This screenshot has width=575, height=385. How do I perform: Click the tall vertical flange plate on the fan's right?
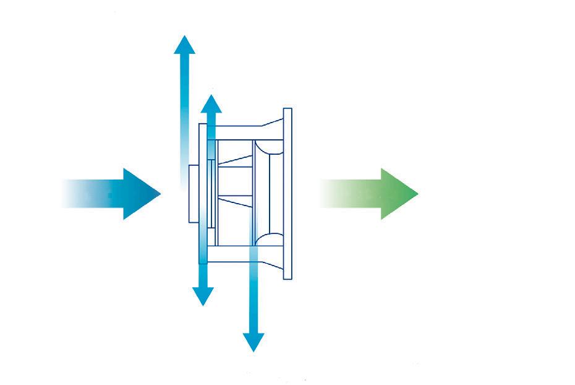click(287, 193)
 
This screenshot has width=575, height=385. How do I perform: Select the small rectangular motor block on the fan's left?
click(194, 193)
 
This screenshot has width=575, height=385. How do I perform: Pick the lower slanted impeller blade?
click(235, 200)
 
